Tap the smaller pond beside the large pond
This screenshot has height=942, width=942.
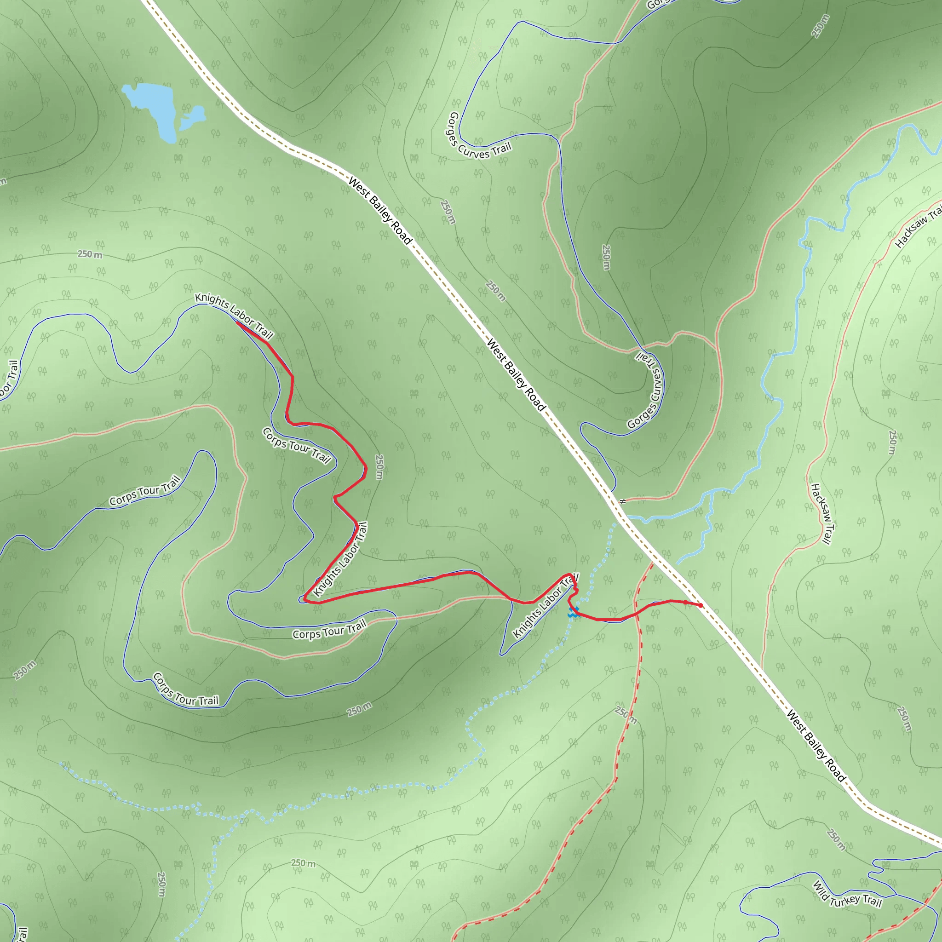[x=194, y=117]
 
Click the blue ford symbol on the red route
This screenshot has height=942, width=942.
[x=574, y=612]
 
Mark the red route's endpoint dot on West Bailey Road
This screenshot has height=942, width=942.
[x=700, y=606]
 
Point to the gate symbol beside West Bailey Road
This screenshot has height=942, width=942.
[x=622, y=501]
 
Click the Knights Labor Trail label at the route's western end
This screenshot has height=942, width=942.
[x=234, y=316]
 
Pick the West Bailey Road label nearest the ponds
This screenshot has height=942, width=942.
[x=380, y=211]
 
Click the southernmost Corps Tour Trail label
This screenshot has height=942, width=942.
[x=185, y=690]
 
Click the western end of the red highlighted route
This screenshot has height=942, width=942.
[x=236, y=322]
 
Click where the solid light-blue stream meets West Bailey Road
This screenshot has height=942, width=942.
[x=626, y=517]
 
